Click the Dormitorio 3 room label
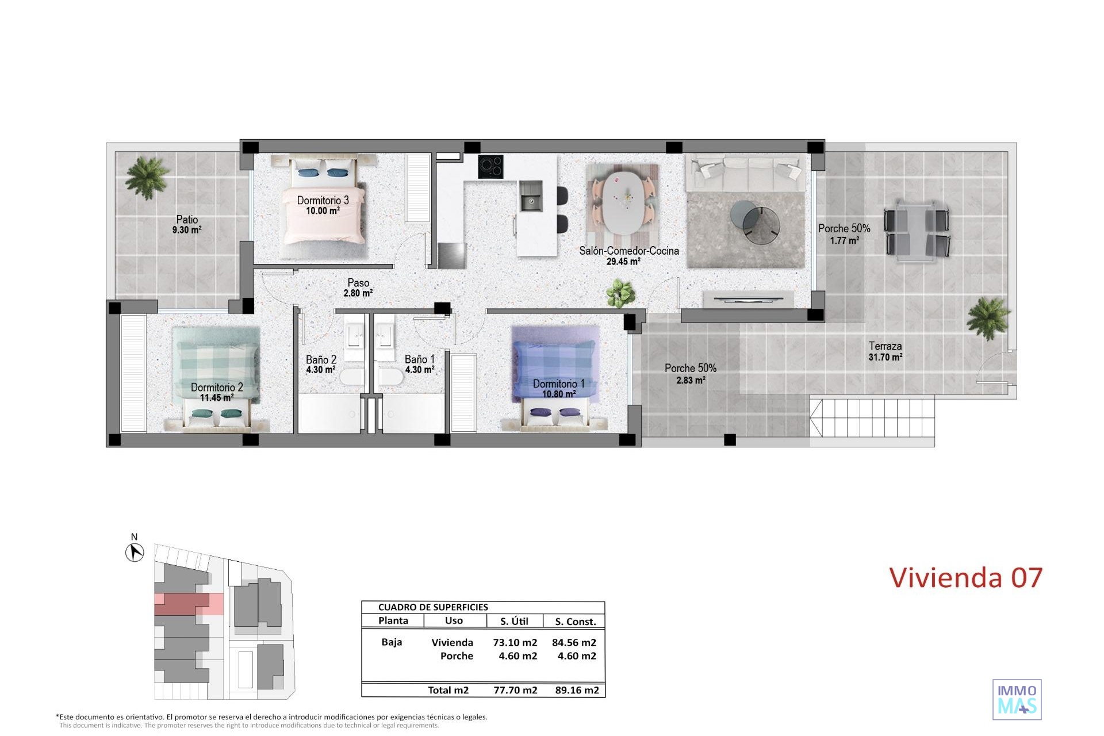[x=323, y=201]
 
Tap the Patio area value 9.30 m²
[x=187, y=230]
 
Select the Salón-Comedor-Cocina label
[x=629, y=251]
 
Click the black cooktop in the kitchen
[x=491, y=167]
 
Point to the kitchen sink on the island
[x=531, y=195]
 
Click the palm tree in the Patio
[x=146, y=177]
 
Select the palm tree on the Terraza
[x=988, y=318]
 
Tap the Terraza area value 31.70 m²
[x=885, y=357]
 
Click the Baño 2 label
[x=321, y=360]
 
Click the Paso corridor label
[x=358, y=283]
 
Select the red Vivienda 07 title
[x=966, y=578]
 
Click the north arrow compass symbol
[x=135, y=553]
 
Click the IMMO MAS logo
[x=1017, y=699]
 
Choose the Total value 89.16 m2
[x=577, y=691]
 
